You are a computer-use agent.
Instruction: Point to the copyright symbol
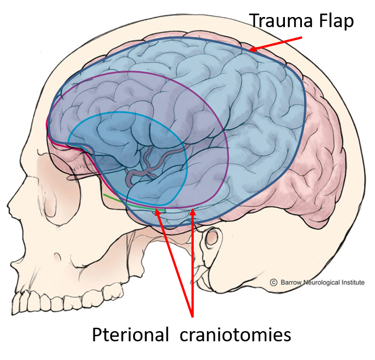273,282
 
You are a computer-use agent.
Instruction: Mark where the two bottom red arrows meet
193,315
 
